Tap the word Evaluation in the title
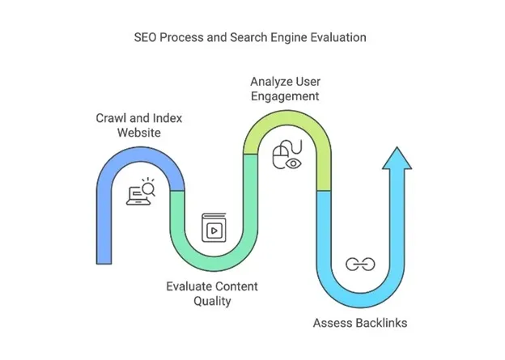(x=337, y=37)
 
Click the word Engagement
(x=285, y=96)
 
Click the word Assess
(x=332, y=323)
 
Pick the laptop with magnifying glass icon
(x=141, y=193)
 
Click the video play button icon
(x=213, y=228)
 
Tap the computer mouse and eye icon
(x=286, y=154)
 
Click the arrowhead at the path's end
(x=397, y=158)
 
